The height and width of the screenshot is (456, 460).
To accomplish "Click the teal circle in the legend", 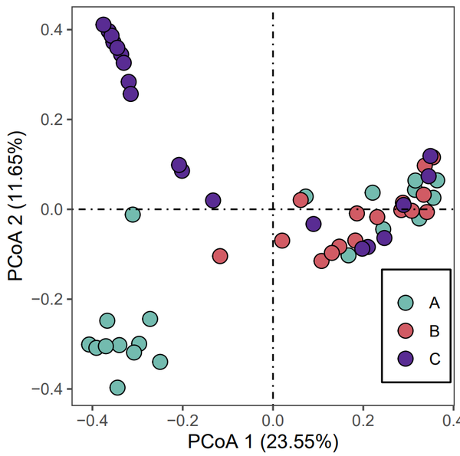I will (x=406, y=303).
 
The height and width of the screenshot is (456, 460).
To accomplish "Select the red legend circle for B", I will (x=406, y=331).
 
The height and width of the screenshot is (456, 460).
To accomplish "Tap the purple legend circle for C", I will (x=406, y=358).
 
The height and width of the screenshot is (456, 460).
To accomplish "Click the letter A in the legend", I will (x=434, y=303).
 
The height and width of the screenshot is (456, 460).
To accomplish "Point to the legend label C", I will (x=434, y=358).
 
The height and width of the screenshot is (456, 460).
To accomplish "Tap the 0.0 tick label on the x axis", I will (x=273, y=422).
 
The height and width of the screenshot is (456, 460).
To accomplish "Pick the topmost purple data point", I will (x=104, y=25).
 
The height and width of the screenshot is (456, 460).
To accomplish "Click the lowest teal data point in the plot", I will (x=117, y=388).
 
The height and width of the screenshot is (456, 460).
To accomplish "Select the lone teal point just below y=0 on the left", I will (x=133, y=214).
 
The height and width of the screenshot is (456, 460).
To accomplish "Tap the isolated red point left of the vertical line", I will (x=220, y=256).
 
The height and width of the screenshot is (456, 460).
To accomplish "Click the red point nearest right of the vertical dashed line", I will (x=281, y=241).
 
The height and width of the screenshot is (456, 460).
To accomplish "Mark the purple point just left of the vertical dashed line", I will (x=213, y=201).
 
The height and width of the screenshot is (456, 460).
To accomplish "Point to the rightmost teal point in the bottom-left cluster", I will (x=159, y=362).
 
